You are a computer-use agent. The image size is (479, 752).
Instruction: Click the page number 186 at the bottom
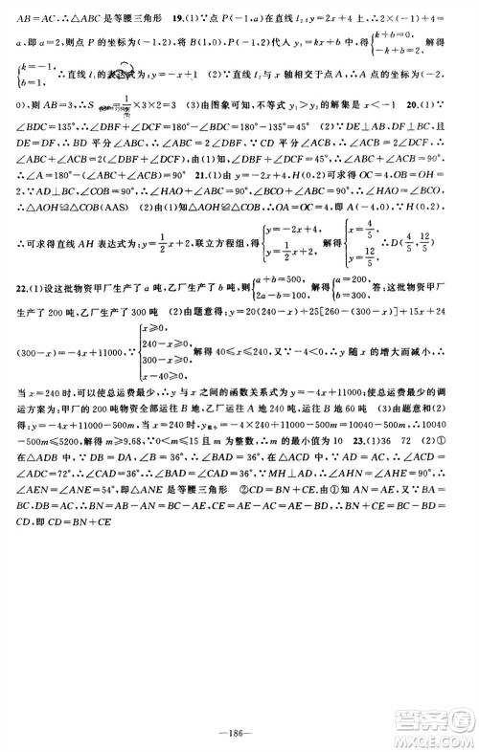point(239,729)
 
